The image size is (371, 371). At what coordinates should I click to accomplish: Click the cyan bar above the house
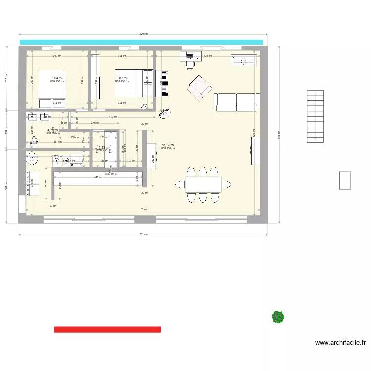(141, 42)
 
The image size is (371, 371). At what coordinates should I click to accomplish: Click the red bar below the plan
(107, 329)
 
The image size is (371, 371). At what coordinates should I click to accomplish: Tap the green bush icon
(278, 317)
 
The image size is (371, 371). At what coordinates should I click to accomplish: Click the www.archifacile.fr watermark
(340, 342)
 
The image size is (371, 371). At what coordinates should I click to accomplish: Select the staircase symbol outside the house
(315, 116)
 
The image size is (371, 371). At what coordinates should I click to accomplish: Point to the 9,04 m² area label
(57, 78)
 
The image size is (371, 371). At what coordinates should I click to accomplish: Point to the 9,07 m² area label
(122, 78)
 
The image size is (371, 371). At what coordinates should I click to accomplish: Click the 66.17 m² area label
(167, 145)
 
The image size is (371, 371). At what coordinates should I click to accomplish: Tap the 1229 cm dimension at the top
(143, 34)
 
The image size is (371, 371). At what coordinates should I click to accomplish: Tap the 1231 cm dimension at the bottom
(143, 235)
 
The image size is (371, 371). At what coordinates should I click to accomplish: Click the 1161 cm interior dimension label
(143, 209)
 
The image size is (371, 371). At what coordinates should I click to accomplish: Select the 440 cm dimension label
(98, 177)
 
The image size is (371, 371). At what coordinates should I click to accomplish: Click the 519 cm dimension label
(208, 56)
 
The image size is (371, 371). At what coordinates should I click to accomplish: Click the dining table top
(203, 185)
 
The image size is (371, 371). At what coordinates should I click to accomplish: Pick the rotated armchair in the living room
(199, 88)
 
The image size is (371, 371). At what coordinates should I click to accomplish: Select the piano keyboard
(165, 84)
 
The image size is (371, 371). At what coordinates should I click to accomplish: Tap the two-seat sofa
(236, 101)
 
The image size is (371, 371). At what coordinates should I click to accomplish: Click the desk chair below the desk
(190, 64)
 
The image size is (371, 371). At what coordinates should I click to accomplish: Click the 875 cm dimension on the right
(278, 135)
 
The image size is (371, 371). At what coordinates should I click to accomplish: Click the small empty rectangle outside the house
(345, 180)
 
